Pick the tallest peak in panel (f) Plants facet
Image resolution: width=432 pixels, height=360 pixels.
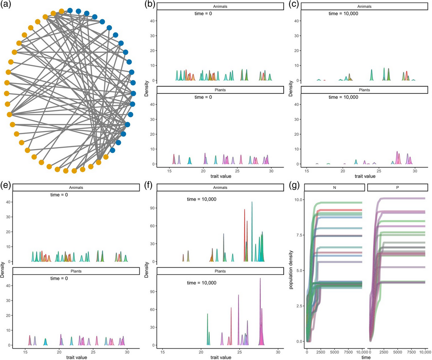coord(260,279)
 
